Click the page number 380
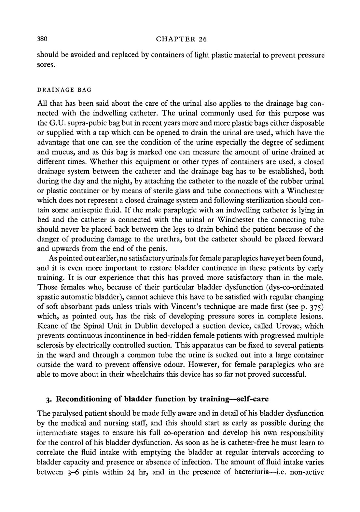coord(43,39)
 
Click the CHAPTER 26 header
coord(181,39)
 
